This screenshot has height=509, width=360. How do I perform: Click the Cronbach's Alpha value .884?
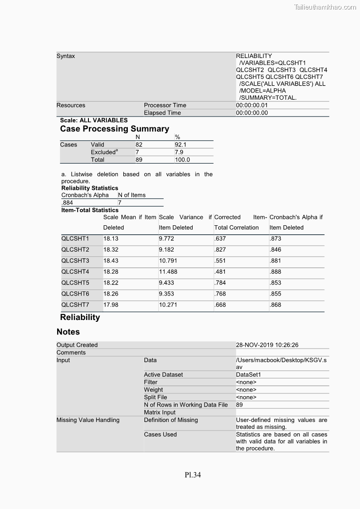[67, 203]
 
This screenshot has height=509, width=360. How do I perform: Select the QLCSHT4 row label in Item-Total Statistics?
[75, 272]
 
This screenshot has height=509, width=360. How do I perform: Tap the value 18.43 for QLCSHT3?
[111, 261]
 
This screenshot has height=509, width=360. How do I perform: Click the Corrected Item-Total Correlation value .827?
[220, 250]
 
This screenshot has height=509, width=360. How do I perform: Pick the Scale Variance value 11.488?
[168, 272]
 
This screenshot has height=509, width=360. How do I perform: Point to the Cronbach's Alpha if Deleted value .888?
[275, 272]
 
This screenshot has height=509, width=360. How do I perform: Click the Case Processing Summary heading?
[115, 129]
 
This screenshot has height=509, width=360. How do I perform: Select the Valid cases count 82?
[139, 145]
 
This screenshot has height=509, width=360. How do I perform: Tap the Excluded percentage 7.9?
[179, 152]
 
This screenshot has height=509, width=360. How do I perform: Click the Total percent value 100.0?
[182, 160]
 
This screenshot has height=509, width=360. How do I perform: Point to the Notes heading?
[68, 332]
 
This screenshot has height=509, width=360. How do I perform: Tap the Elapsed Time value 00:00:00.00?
[252, 113]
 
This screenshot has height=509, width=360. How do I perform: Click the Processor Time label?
[165, 105]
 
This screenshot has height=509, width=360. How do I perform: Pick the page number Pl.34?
[193, 475]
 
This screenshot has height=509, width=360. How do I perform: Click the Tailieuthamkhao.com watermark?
[325, 7]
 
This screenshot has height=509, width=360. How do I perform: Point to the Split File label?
[156, 397]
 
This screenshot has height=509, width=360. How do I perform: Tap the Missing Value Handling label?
[88, 420]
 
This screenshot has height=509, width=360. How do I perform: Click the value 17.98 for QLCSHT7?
[111, 305]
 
